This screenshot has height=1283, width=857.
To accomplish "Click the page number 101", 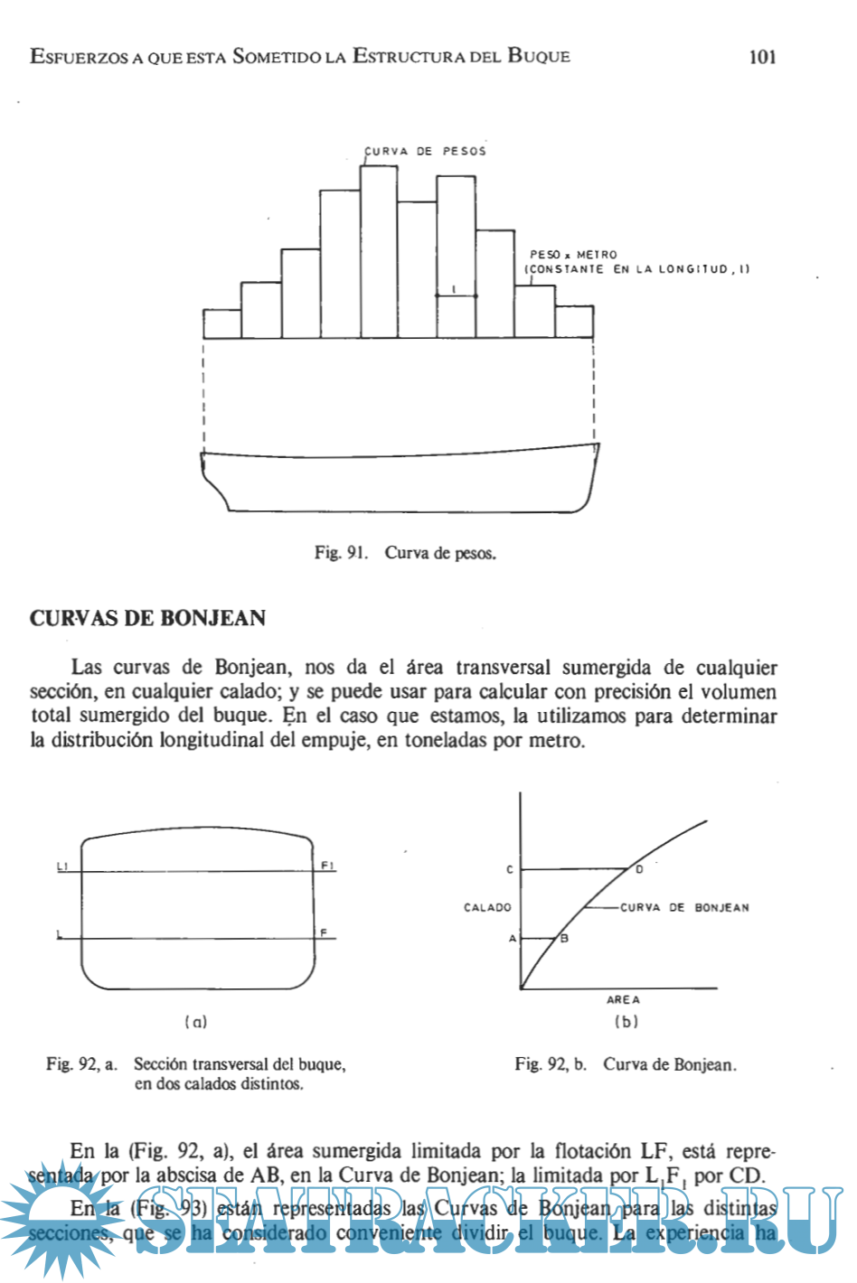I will [762, 57].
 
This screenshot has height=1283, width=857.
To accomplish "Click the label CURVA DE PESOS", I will [425, 151].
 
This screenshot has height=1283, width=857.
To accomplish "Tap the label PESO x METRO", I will [573, 255].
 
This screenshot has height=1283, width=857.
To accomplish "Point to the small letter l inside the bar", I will [455, 289].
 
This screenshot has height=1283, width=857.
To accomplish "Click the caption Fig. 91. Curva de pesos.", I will [405, 553].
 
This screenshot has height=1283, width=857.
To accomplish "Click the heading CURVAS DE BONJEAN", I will [147, 619].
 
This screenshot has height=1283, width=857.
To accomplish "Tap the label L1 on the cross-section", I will [62, 866].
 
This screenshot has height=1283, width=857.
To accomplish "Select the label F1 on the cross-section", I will [327, 866].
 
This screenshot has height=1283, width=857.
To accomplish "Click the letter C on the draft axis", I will [510, 869].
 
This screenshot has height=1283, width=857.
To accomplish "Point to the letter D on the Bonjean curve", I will [639, 869].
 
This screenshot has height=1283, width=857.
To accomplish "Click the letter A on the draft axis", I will [513, 939].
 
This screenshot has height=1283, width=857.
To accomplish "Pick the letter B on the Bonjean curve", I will [565, 939].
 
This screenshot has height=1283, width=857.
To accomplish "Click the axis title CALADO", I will [487, 907].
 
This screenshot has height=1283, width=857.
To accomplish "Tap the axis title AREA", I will [623, 1000].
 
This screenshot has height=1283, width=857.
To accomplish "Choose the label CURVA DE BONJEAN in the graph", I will [684, 907].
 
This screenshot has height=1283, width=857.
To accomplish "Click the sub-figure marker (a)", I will [195, 1022].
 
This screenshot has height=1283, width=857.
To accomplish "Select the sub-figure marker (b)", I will [626, 1022].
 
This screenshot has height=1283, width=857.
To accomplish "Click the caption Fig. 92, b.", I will [550, 1064].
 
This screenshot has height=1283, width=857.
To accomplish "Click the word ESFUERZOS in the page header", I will [80, 57].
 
